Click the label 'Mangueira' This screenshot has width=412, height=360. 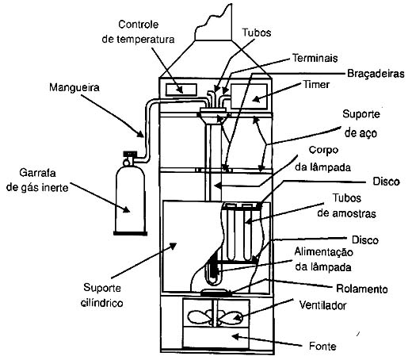[74, 87]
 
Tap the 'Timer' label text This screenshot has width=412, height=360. [316, 85]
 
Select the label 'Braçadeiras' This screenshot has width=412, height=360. [376, 74]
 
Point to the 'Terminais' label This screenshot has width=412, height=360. [315, 58]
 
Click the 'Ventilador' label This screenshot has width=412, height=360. [322, 305]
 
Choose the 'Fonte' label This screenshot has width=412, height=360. [322, 346]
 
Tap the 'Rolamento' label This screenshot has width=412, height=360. [362, 289]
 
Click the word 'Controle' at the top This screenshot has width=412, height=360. [138, 25]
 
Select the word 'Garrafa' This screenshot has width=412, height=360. [37, 173]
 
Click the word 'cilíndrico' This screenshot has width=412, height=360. [102, 303]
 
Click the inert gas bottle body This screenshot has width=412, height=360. [130, 200]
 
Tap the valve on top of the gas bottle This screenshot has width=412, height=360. [129, 158]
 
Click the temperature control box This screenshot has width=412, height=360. [181, 90]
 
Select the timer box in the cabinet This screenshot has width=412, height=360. [249, 96]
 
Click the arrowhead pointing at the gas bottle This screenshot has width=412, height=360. [126, 209]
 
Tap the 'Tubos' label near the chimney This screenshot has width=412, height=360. [257, 33]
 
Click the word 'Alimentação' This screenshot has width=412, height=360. [323, 252]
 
